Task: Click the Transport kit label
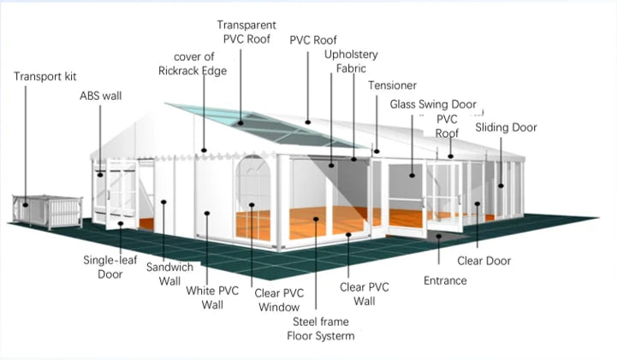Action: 45,76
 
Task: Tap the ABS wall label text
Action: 101,96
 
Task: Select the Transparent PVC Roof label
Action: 246,32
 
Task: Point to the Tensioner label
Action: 392,86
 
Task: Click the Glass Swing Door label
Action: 433,104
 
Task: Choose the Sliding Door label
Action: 506,127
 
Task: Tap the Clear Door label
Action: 484,261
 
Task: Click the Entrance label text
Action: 445,280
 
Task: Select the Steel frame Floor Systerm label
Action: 321,328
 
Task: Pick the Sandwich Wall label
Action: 169,274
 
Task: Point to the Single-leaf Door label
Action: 110,267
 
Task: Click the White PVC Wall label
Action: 212,298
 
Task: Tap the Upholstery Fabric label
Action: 351,62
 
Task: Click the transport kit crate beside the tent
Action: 48,211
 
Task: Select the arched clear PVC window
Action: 253,198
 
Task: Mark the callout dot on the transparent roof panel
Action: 240,123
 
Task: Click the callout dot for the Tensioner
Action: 377,151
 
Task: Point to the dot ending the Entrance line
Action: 439,236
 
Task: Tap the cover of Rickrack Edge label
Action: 193,63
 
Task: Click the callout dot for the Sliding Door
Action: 501,186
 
